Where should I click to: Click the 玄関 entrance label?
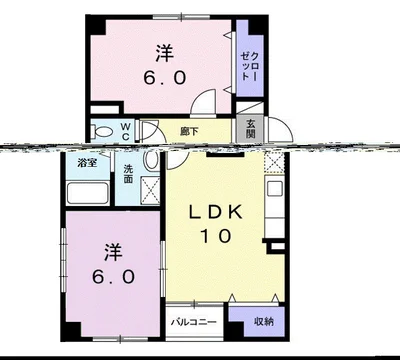click(251, 129)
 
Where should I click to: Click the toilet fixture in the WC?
click(102, 131)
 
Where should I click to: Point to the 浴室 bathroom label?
click(87, 163)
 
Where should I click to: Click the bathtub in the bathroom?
click(88, 193)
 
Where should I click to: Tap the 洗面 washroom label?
click(128, 174)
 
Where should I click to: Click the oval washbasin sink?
click(151, 159)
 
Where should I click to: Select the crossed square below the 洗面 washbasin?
click(150, 190)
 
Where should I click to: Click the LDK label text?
click(215, 212)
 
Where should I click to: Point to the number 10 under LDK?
click(215, 236)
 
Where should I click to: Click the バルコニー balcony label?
click(194, 322)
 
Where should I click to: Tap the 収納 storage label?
click(264, 322)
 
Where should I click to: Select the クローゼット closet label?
click(249, 65)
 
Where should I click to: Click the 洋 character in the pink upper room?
click(165, 53)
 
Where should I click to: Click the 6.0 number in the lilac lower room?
click(113, 277)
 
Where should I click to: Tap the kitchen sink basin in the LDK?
click(275, 189)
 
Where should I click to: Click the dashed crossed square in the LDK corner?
click(274, 162)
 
